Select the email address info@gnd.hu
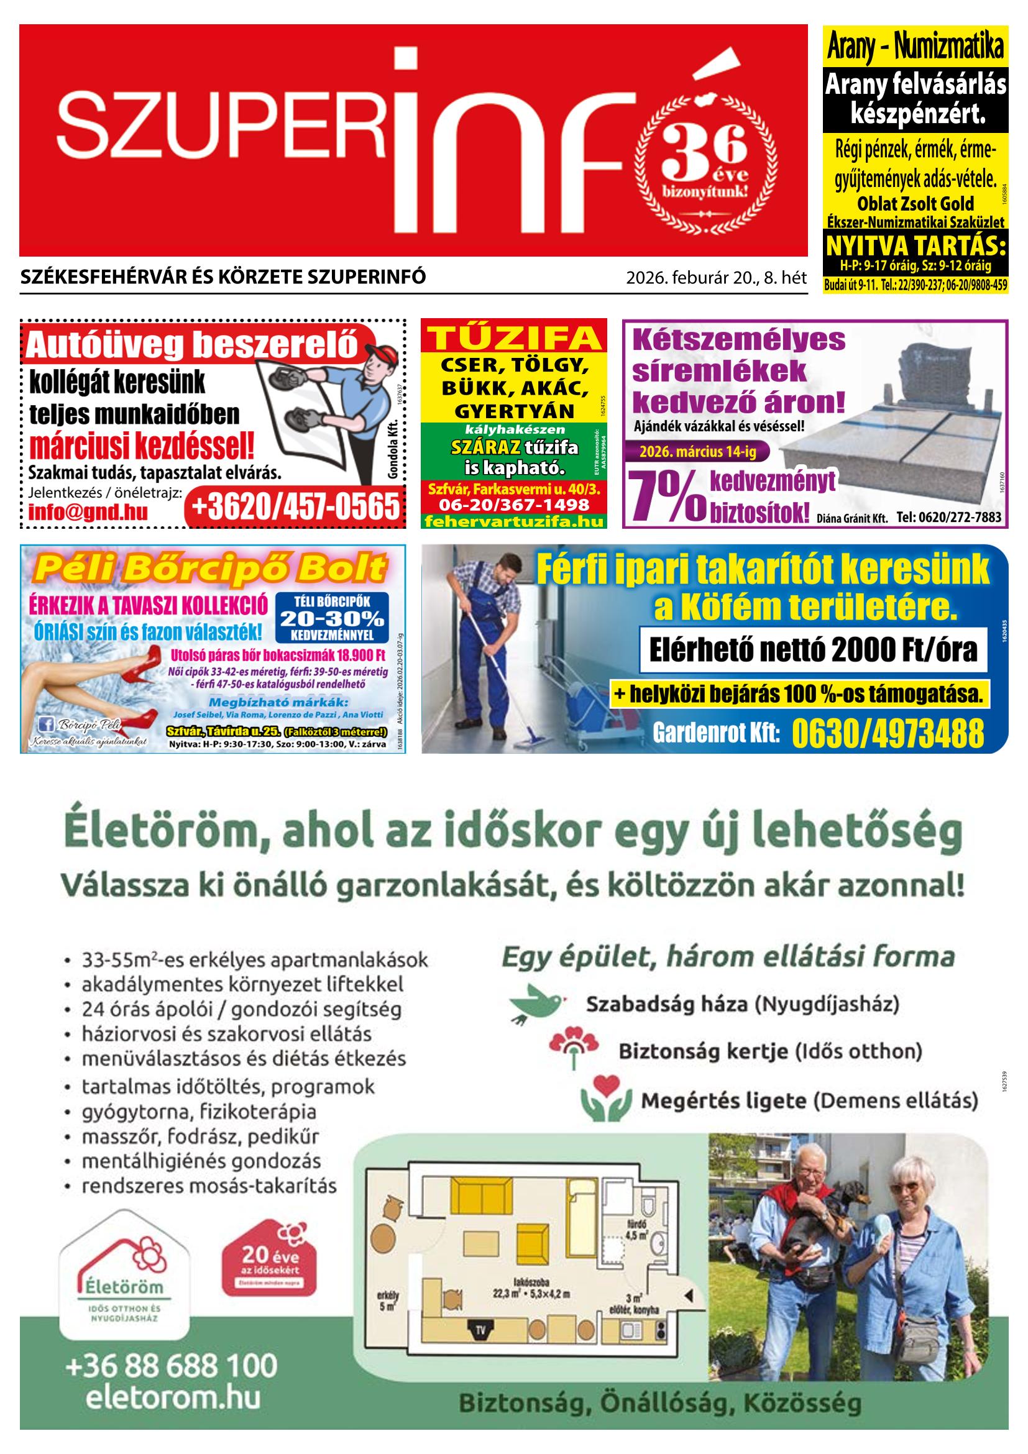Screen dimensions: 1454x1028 [x=88, y=511]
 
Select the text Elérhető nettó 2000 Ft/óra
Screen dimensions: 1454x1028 [x=814, y=651]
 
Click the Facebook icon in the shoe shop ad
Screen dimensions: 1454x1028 [x=46, y=724]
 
